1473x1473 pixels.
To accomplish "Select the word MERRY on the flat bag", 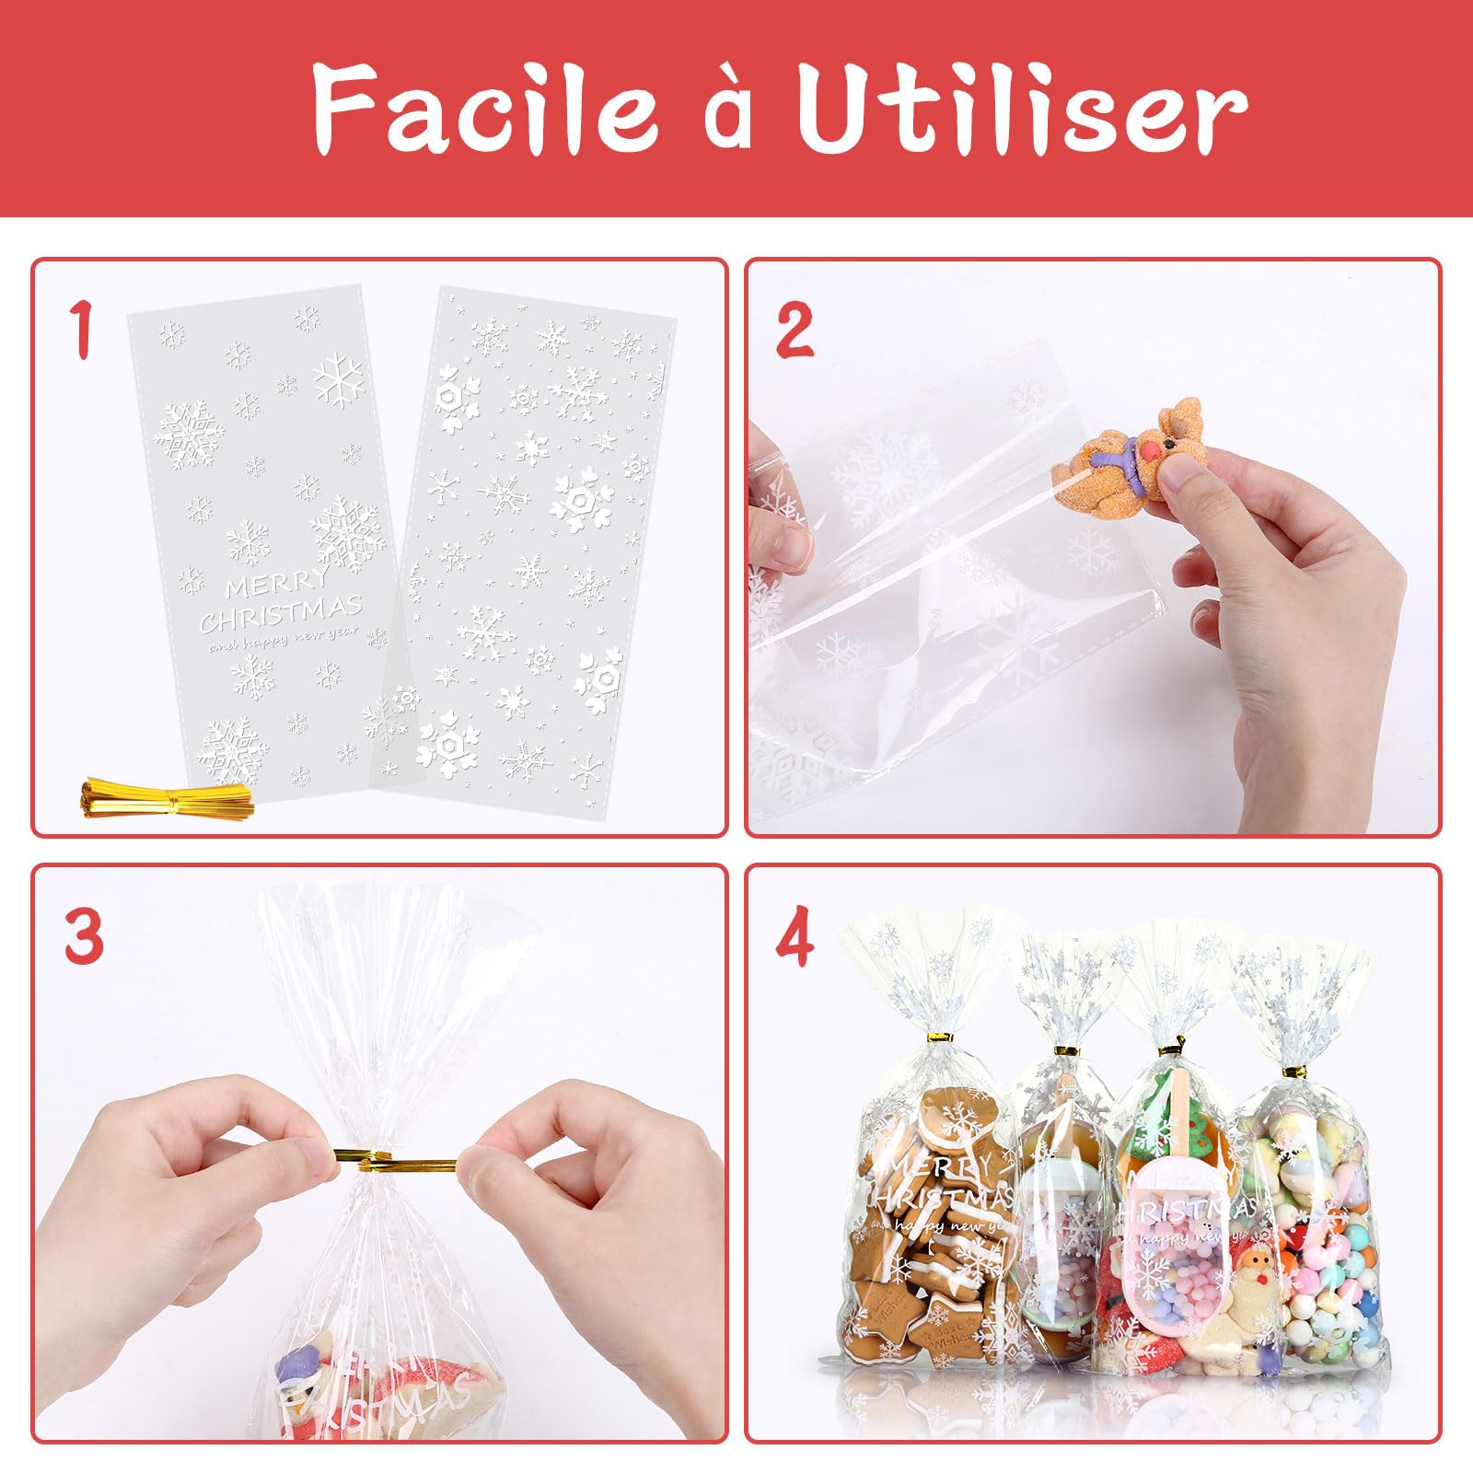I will click(x=275, y=584).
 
